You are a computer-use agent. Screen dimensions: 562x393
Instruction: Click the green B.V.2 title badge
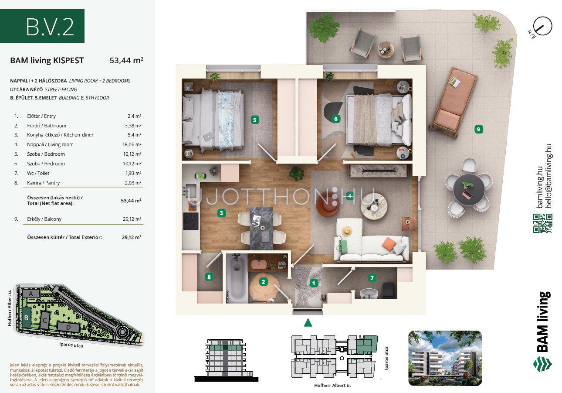pos(42,26)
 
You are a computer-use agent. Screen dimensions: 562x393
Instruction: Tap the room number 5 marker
pos(255,120)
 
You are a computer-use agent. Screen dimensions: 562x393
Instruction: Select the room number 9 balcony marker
pos(478,129)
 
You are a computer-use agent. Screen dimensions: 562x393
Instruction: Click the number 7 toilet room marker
pos(372,278)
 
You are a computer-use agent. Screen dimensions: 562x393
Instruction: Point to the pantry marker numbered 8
pos(209,277)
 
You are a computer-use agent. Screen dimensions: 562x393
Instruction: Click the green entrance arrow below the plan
pos(308,323)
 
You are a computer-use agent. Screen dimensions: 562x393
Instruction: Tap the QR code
pos(543,223)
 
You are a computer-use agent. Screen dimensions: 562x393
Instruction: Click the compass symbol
pos(542,26)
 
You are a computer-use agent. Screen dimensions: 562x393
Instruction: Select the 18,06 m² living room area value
pos(132,144)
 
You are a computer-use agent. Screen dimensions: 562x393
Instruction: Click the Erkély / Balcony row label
pos(44,219)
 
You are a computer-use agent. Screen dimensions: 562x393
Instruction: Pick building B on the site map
pos(26,318)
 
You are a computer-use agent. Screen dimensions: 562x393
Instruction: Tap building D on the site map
pos(68,327)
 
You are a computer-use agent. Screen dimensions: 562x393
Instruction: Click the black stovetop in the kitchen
pos(191,221)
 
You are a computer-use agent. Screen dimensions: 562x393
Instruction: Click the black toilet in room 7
pos(388,290)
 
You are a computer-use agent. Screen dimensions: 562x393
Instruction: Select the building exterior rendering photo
pos(445,358)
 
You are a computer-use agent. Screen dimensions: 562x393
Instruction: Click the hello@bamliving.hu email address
pos(548,176)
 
